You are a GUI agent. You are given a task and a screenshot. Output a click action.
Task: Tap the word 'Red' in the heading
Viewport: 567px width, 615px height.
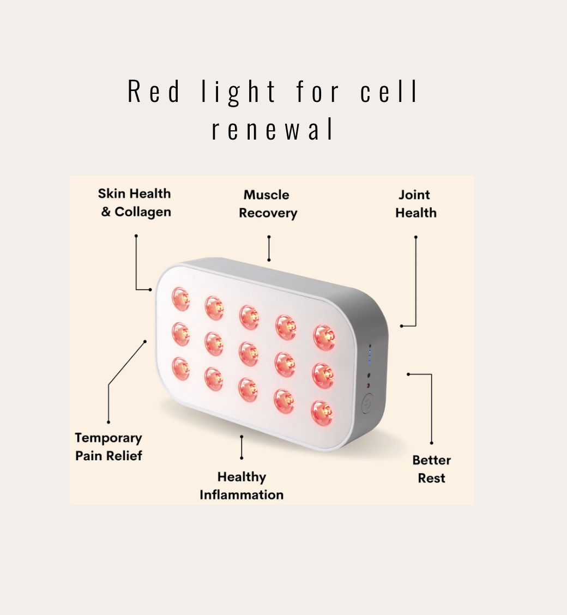(x=154, y=92)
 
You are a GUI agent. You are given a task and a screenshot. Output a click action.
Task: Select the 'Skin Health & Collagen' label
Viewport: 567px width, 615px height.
(x=135, y=203)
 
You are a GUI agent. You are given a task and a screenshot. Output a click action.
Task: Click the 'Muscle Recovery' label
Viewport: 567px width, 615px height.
(x=267, y=204)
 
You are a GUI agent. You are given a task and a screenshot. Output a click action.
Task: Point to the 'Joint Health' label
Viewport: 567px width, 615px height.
(x=415, y=204)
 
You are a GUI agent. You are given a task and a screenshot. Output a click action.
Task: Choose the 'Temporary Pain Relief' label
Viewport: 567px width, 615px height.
(x=108, y=447)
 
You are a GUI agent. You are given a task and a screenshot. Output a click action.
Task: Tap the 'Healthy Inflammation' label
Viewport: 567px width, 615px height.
(x=242, y=486)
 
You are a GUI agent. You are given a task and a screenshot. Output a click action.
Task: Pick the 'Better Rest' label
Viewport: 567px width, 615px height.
(x=431, y=469)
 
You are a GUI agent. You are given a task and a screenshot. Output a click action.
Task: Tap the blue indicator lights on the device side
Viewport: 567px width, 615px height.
(x=370, y=354)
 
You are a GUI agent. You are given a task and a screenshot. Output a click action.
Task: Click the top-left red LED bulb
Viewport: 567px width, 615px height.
(x=180, y=299)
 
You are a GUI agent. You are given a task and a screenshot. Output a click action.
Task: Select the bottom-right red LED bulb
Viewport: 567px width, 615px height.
(x=322, y=412)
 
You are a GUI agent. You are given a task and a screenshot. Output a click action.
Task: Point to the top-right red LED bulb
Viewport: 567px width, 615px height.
(x=324, y=337)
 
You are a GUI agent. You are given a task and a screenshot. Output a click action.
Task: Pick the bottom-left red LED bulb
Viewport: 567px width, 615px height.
(x=180, y=368)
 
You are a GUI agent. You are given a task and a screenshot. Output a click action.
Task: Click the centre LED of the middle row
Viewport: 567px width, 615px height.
(x=249, y=353)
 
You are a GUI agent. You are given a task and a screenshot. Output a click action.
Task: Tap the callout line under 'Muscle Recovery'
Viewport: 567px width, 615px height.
(x=269, y=248)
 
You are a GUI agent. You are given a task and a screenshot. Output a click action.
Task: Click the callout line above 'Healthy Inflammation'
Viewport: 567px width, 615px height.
(x=242, y=447)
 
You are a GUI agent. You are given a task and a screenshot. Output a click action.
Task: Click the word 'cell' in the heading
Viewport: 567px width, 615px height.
(x=389, y=92)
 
